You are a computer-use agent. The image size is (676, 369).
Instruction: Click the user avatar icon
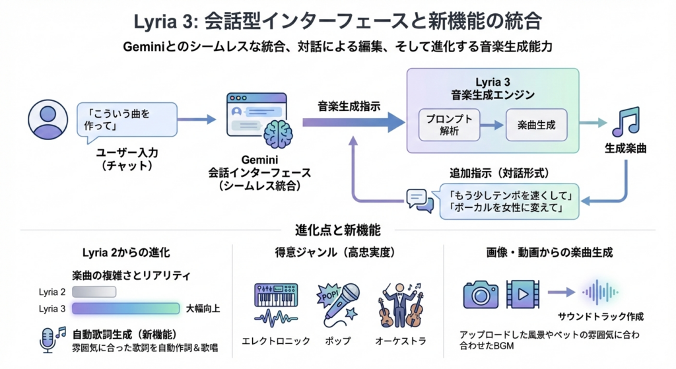click(48, 120)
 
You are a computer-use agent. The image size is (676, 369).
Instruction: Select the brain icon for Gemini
click(277, 135)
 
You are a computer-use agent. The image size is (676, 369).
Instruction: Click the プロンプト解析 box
click(450, 125)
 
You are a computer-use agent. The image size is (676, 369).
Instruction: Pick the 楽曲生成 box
click(536, 125)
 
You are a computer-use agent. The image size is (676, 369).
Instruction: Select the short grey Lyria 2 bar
click(94, 292)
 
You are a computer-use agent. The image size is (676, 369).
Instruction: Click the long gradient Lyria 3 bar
click(126, 308)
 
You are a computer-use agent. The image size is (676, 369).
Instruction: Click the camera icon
click(481, 294)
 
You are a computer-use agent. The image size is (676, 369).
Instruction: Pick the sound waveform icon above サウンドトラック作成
click(600, 292)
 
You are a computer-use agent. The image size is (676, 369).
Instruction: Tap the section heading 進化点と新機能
click(337, 231)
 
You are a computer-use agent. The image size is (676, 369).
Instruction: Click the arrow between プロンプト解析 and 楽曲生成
click(490, 125)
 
